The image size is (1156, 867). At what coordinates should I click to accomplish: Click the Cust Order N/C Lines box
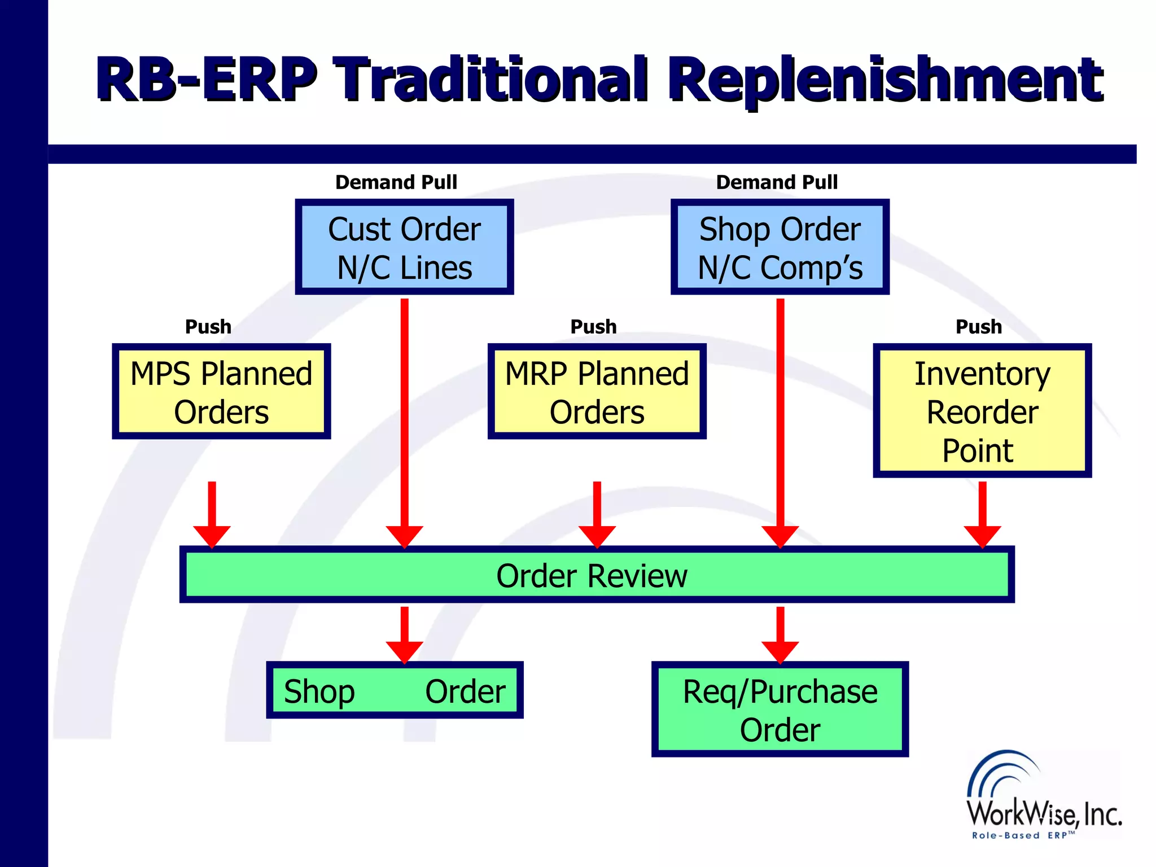tap(404, 247)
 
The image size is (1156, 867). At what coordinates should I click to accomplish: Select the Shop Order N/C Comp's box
tap(780, 247)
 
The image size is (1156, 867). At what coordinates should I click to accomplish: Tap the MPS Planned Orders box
tap(221, 392)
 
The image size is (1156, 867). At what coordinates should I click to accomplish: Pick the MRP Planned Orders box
tap(597, 392)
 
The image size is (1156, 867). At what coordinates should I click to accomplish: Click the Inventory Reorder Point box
tap(982, 411)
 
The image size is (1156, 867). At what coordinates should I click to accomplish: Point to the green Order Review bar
tap(597, 575)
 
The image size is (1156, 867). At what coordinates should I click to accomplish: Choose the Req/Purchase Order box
tap(780, 710)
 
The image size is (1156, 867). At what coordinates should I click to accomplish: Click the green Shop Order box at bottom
tap(395, 690)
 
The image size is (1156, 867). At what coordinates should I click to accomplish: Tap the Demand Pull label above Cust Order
tap(396, 182)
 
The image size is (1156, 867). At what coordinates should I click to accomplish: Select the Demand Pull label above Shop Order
tap(777, 182)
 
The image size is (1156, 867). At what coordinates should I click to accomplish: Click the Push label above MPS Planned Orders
tap(208, 327)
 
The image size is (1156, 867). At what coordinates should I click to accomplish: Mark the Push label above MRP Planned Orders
tap(593, 327)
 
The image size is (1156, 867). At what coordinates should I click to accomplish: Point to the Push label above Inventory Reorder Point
tap(978, 327)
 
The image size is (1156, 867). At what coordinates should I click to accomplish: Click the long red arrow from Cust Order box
tap(404, 418)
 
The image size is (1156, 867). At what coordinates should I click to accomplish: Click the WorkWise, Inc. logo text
tap(1044, 813)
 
